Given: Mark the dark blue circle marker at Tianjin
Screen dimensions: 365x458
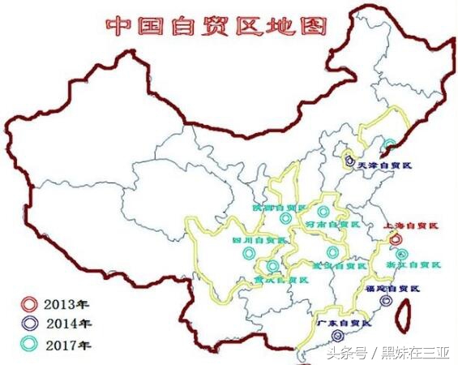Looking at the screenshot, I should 349,161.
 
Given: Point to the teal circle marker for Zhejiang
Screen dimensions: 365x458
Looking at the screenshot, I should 403,253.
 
